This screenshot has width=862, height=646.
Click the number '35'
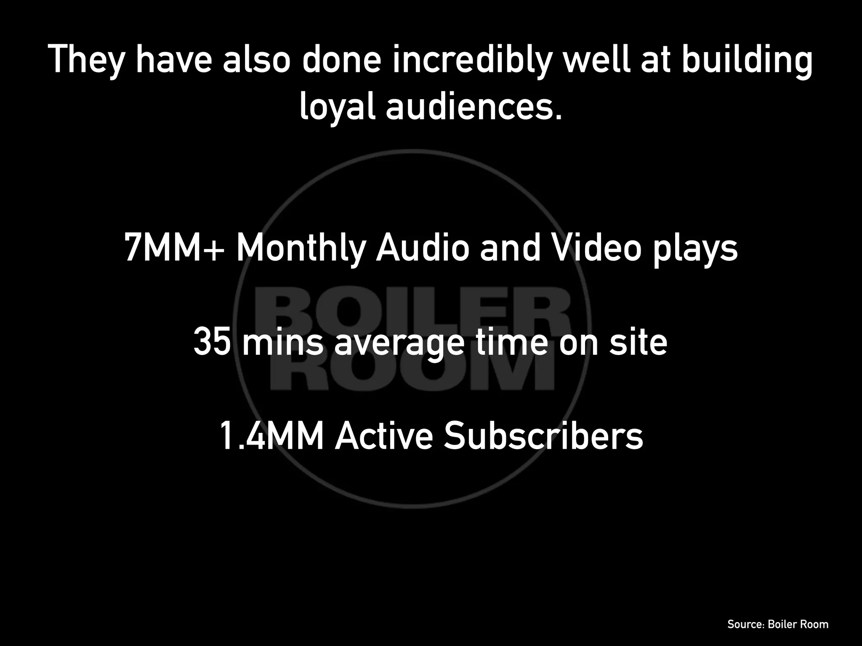(x=213, y=342)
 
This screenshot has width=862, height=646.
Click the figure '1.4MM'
(x=271, y=437)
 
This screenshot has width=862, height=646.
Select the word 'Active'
(x=383, y=437)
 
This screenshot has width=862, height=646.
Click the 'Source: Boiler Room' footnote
(x=778, y=624)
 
